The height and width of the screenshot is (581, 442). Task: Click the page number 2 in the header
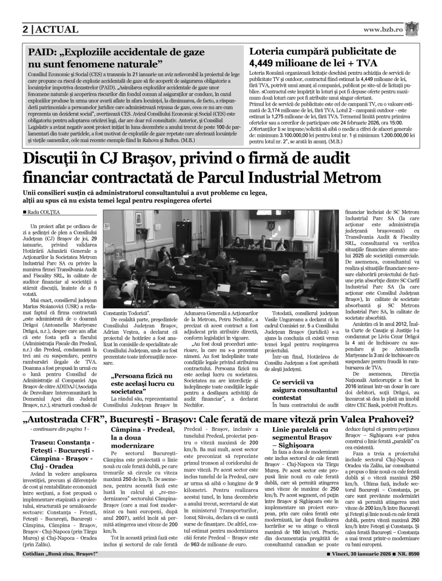(x=26, y=30)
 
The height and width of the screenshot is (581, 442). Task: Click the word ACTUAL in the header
(x=57, y=30)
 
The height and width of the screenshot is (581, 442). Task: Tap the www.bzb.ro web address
(x=383, y=30)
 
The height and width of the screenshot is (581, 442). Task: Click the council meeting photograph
(x=221, y=259)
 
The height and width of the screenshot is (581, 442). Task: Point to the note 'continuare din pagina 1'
(x=59, y=429)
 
